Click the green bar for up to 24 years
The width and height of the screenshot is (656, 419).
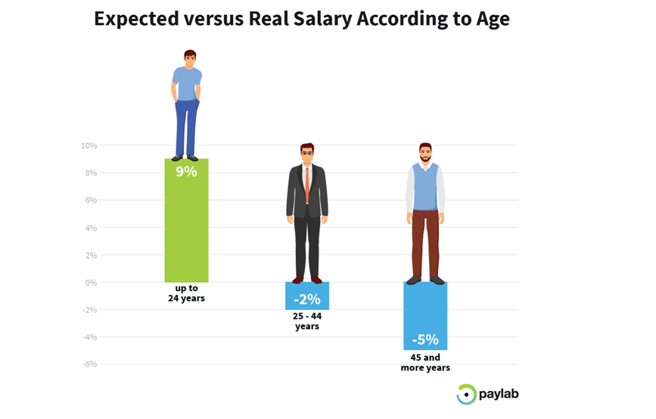click(x=186, y=227)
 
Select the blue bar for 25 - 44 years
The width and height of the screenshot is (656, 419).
click(x=307, y=296)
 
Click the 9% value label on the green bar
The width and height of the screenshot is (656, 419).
click(x=186, y=172)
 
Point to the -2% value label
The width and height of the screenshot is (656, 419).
click(x=307, y=299)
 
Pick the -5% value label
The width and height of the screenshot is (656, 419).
click(x=425, y=339)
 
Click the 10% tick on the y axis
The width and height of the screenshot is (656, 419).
click(x=89, y=145)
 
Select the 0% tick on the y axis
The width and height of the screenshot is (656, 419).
click(x=91, y=283)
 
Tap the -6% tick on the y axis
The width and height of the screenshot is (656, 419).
click(x=89, y=364)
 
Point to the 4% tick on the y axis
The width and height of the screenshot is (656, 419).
click(x=91, y=228)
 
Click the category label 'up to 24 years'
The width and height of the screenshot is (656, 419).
click(x=186, y=293)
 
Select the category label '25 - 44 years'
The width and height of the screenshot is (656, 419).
click(x=307, y=321)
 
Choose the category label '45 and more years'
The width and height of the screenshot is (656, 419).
click(x=425, y=362)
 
